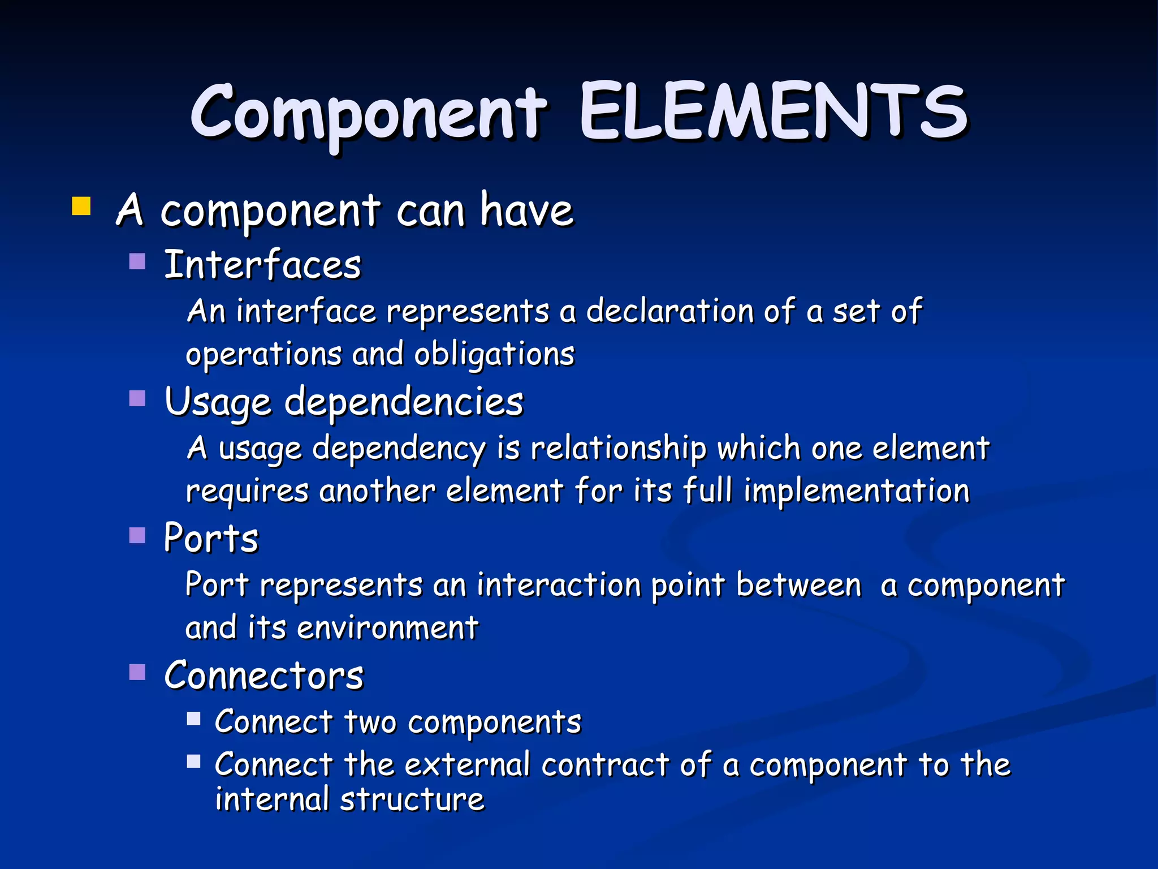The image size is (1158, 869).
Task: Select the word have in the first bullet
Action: [x=526, y=210]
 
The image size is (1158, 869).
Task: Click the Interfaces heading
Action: [x=262, y=265]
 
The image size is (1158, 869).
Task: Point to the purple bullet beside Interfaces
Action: [x=137, y=261]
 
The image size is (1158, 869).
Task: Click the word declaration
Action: [x=669, y=311]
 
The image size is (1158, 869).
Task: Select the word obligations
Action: [x=494, y=355]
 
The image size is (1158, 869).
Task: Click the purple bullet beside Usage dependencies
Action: [x=137, y=398]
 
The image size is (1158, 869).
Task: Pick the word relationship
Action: [x=619, y=448]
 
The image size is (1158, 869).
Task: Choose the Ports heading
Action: [x=211, y=537]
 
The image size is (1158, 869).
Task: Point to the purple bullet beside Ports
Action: [x=137, y=535]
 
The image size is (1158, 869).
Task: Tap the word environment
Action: [x=388, y=627]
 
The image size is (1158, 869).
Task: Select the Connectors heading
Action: [x=264, y=675]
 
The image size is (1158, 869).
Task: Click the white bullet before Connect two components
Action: [x=193, y=719]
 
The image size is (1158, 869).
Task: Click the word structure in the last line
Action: [x=412, y=799]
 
